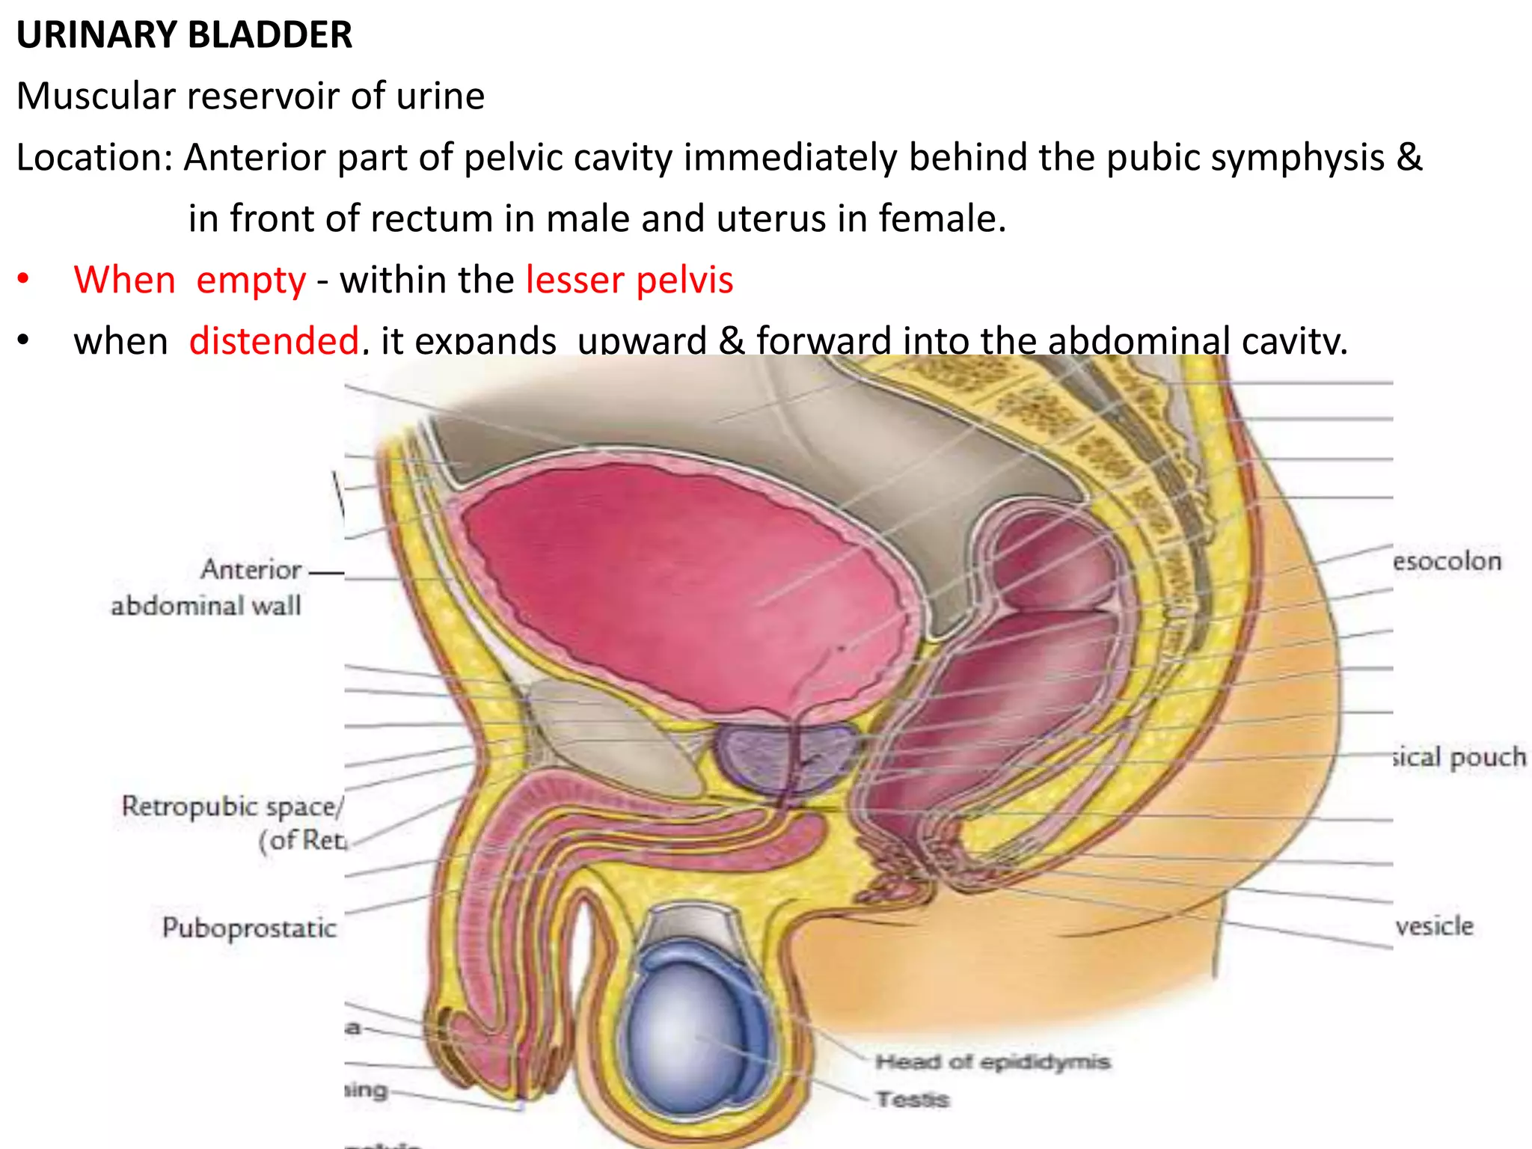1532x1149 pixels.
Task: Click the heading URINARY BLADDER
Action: point(184,35)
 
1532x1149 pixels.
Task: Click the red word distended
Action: point(274,340)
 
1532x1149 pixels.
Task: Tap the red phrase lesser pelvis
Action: point(629,280)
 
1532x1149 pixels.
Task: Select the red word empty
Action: point(251,280)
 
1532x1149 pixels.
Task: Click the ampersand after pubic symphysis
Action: point(1409,157)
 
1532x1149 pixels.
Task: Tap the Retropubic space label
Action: point(232,806)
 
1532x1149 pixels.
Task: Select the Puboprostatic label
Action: point(249,928)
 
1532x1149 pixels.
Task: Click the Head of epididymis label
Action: point(992,1061)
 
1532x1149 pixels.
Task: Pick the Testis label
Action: point(913,1099)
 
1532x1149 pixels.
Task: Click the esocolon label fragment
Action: point(1447,561)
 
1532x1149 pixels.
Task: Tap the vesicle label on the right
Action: point(1435,926)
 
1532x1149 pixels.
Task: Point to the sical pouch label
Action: point(1459,757)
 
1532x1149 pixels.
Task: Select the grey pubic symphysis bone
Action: point(613,741)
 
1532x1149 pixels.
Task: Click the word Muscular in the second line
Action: point(96,96)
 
